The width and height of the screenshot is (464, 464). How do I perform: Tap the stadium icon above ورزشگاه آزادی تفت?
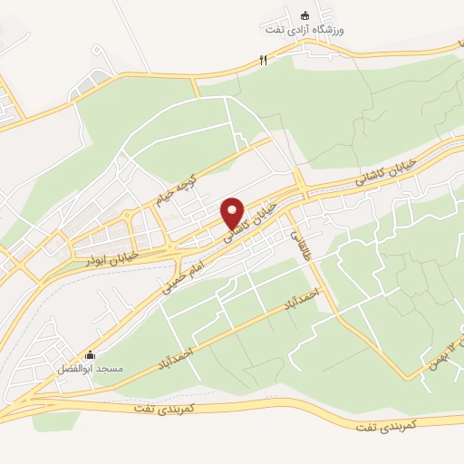coord(305,15)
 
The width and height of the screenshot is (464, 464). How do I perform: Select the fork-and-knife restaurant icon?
coord(264,60)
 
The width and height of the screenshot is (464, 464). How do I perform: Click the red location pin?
coord(234,213)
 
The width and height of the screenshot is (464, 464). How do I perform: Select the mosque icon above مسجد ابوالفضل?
coord(89,354)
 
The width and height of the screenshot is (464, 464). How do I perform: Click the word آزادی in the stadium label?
coord(317,30)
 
